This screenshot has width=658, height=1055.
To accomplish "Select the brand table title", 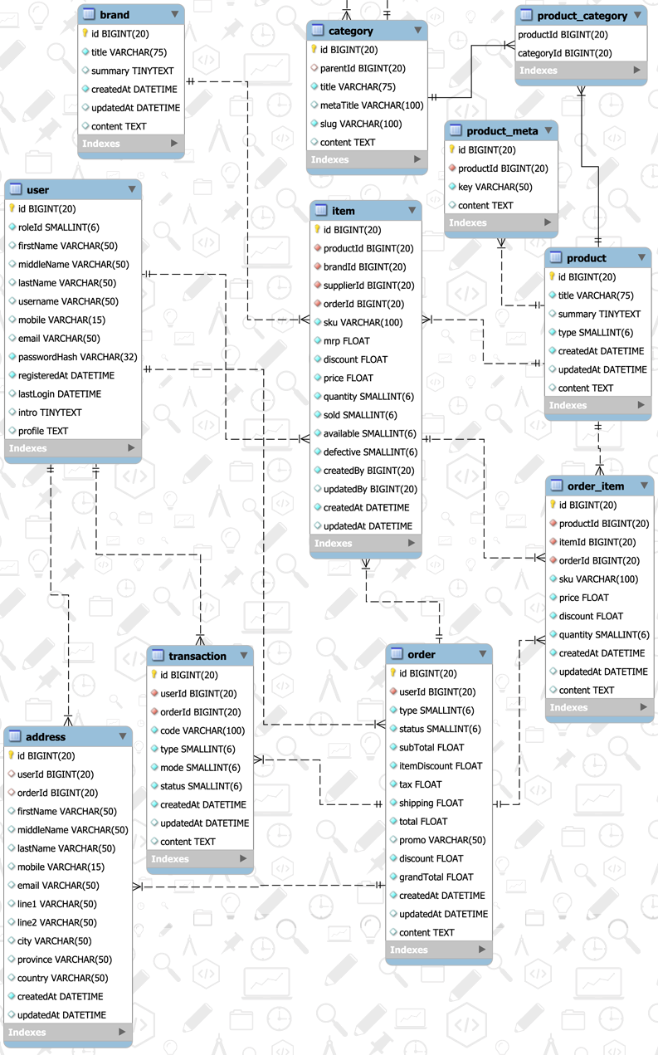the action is pyautogui.click(x=115, y=15).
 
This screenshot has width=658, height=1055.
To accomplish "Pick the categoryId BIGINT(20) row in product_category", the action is pyautogui.click(x=565, y=53).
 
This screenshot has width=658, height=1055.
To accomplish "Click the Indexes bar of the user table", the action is pyautogui.click(x=73, y=448).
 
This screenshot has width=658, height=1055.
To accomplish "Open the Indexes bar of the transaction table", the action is pyautogui.click(x=200, y=858).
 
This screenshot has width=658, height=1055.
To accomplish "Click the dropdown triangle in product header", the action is pyautogui.click(x=641, y=257).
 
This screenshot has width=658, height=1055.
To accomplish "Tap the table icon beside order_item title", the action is pyautogui.click(x=557, y=485).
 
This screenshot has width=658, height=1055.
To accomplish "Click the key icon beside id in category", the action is pyautogui.click(x=314, y=49).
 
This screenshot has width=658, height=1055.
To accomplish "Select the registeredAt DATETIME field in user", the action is pyautogui.click(x=66, y=375).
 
